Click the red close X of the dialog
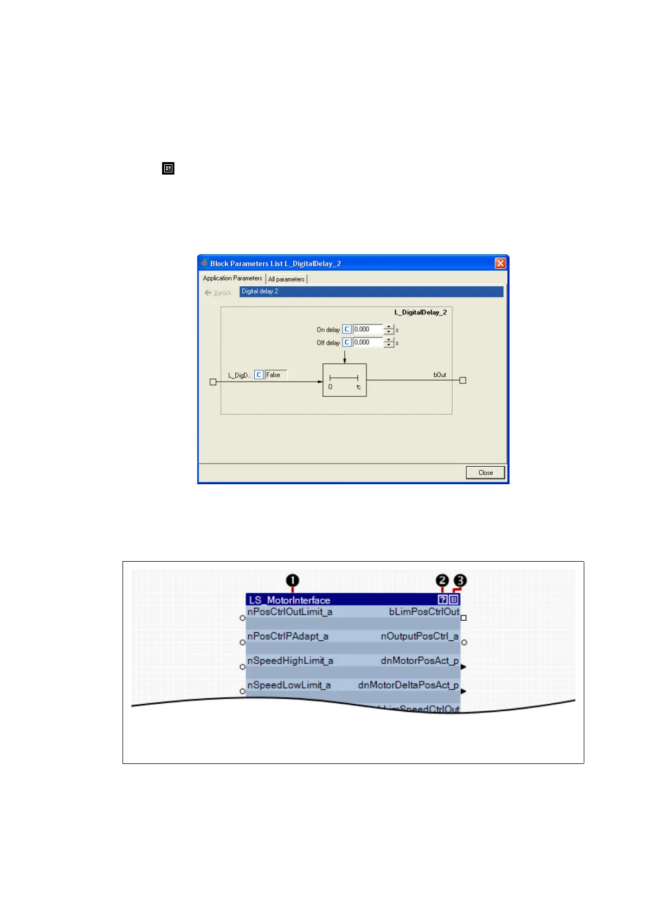point(500,263)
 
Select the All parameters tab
point(286,279)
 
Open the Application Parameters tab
point(233,278)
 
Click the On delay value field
point(367,329)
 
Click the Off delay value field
point(367,342)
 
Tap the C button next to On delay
point(347,329)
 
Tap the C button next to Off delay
point(347,342)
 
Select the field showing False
point(275,375)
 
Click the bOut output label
point(440,375)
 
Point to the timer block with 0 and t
point(345,380)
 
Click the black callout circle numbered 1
point(293,581)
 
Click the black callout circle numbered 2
point(442,581)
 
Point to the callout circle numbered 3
point(460,581)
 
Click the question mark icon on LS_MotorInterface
point(443,600)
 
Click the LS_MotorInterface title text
point(289,600)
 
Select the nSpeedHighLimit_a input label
point(291,660)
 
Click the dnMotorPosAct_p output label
point(420,660)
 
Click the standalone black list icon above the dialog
point(169,169)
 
